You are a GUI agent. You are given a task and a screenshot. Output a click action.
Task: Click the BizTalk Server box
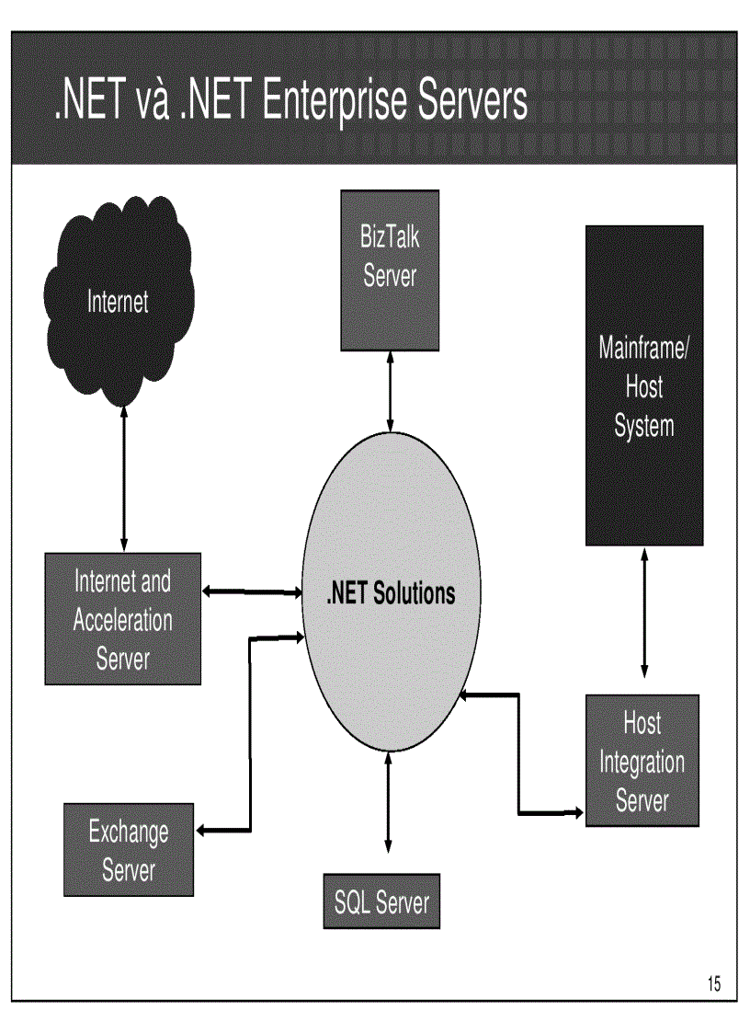point(390,270)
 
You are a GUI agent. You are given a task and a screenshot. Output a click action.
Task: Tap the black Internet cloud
point(118,301)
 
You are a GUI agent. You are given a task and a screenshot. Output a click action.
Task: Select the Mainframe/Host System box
point(643,385)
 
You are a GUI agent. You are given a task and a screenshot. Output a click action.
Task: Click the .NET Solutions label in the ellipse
point(391,593)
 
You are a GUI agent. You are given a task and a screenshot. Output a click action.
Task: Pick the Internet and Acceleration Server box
point(122,618)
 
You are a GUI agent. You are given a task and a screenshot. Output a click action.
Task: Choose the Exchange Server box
point(129,849)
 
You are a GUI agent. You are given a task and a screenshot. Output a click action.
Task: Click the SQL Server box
point(381,901)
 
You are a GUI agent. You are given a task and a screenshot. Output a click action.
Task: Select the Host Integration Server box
point(642,760)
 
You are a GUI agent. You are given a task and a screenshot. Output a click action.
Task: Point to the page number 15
point(714,984)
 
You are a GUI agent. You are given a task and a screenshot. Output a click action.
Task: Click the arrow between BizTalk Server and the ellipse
point(391,391)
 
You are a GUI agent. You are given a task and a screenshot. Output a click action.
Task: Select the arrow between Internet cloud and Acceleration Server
point(124,478)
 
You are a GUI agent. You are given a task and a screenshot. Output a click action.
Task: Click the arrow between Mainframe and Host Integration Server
point(644,614)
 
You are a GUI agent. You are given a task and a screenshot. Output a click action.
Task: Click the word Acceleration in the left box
point(122,619)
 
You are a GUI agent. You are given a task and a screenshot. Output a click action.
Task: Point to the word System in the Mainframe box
point(643,426)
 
